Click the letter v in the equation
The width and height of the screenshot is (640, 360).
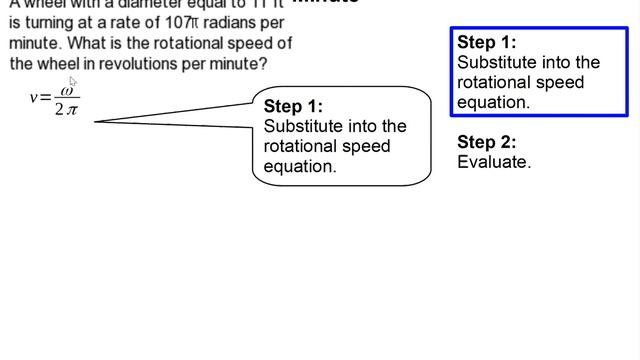pos(34,103)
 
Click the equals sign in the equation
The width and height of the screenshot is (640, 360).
pos(45,103)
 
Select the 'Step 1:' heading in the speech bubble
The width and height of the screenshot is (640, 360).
pos(293,106)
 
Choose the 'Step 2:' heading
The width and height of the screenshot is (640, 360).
pos(486,142)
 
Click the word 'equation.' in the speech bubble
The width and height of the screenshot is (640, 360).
pos(300,167)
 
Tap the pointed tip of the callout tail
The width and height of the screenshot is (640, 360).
pos(96,122)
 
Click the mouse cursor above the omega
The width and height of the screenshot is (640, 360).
pos(73,82)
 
